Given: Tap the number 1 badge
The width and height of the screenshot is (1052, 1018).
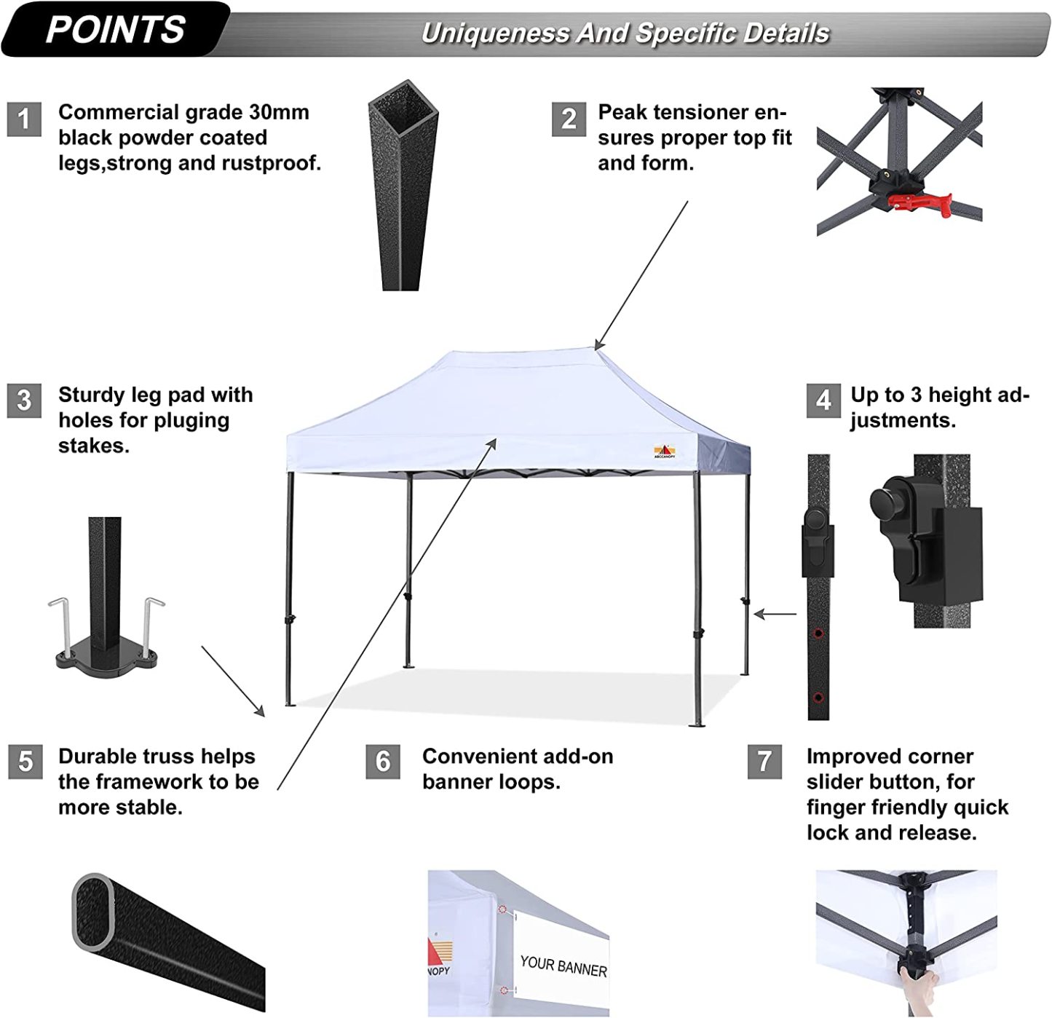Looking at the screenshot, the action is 24,119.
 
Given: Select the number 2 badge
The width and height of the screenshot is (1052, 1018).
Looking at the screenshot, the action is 569,119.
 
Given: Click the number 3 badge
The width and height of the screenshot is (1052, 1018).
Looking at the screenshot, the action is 24,401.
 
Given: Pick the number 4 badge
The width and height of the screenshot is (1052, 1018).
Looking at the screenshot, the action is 823,401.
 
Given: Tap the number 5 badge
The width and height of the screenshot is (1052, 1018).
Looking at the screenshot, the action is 25,762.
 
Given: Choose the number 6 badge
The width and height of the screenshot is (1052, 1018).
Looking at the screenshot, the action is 383,762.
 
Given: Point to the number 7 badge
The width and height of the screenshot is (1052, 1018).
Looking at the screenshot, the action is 764,762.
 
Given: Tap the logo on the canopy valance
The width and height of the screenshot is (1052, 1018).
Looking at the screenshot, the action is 665,451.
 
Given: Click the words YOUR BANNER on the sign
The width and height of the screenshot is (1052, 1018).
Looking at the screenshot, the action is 563,966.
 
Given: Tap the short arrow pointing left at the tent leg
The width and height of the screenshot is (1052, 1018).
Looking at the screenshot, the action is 775,614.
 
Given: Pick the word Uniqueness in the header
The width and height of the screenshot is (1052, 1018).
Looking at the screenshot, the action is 495,33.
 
